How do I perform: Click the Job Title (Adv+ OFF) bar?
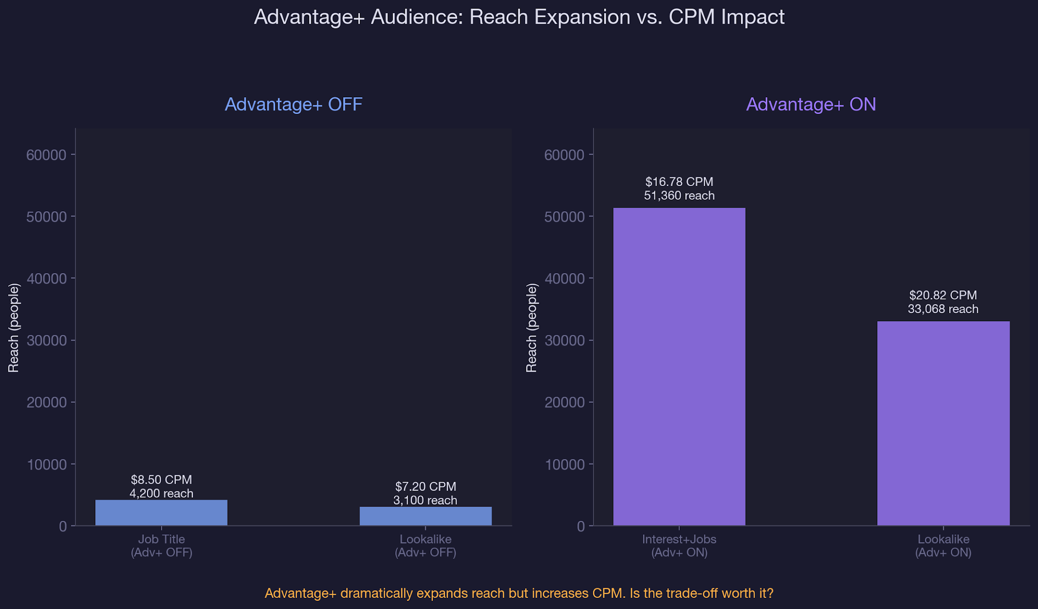pos(161,513)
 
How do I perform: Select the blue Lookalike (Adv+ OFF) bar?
pos(425,516)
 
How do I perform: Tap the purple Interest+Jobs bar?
pos(679,367)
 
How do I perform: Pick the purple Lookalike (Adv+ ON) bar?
pos(943,424)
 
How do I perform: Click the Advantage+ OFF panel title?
pos(293,104)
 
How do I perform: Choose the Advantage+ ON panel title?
pos(811,104)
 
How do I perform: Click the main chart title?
pos(519,17)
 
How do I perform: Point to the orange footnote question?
pos(519,593)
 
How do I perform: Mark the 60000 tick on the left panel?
pos(47,155)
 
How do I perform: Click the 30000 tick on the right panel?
pos(565,340)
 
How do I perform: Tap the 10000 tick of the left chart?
pos(47,465)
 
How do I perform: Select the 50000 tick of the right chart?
pos(565,217)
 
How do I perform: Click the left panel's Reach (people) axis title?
pos(14,327)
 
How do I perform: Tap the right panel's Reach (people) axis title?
pos(532,327)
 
